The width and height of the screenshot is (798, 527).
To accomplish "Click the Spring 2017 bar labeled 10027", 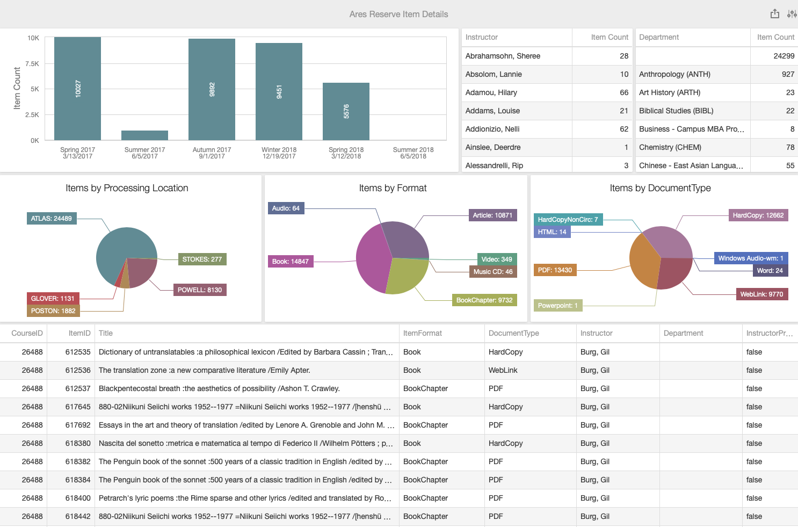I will pos(77,89).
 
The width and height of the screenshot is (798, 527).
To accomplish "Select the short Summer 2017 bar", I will pos(144,135).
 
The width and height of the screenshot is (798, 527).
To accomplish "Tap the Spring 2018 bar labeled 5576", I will pos(346,111).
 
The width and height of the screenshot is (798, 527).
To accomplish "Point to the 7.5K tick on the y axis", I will pos(32,64).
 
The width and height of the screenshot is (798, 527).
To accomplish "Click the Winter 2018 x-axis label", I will pos(279,153).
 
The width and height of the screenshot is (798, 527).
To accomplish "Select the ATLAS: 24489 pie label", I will pos(52,219).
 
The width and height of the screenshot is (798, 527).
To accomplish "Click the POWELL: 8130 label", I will pos(200,290).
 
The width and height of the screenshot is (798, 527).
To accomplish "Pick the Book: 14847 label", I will pos(290,262).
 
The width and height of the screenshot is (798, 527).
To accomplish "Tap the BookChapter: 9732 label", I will pos(484,300).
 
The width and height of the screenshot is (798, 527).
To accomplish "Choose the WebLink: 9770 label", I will pos(761,294).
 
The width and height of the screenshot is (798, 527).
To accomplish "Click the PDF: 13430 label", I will pos(555,270).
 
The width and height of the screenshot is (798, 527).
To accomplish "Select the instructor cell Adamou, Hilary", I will pos(491,92).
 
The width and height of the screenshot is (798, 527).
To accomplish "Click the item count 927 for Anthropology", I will pos(788,74).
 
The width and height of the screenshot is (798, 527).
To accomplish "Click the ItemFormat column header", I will pos(423,333).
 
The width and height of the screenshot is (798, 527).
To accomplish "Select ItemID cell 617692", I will pos(78,425).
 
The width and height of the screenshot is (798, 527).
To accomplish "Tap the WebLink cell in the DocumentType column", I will pos(503,370).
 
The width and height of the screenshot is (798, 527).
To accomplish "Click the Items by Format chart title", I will pos(393,188).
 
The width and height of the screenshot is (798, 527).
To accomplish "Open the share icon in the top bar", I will pos(774,14).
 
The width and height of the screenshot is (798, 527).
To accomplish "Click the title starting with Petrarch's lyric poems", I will pos(245,498).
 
